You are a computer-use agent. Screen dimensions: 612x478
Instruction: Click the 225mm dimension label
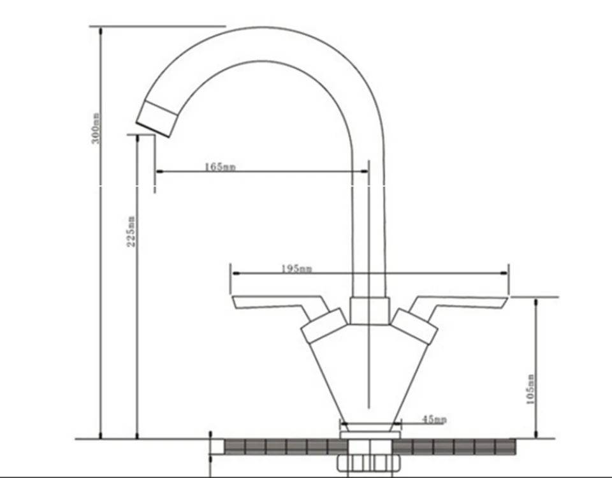point(131,231)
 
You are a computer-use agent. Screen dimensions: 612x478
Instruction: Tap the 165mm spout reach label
point(220,166)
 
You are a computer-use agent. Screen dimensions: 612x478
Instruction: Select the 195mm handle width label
point(296,268)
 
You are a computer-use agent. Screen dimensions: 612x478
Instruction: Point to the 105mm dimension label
point(530,389)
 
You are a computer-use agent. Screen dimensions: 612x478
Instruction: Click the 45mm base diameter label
point(434,419)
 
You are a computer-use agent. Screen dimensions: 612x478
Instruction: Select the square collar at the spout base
point(370,311)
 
